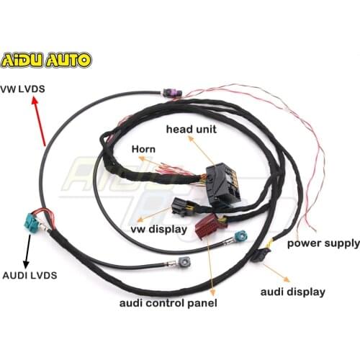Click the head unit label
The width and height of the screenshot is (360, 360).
(x=191, y=129)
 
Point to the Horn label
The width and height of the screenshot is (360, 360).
(x=145, y=149)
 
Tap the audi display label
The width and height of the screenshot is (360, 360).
(x=292, y=292)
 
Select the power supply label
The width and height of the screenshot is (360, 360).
(x=323, y=243)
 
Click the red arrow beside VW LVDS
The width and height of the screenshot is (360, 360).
(x=40, y=122)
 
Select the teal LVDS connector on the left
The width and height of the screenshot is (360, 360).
(x=33, y=222)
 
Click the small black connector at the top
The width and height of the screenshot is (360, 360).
(x=170, y=94)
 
